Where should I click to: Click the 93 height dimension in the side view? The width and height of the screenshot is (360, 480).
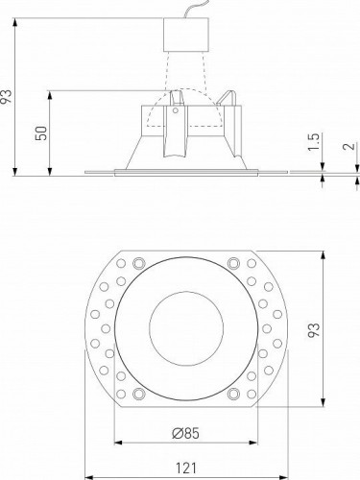pos(9,96)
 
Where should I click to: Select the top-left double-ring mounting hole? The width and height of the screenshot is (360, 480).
pos(140,262)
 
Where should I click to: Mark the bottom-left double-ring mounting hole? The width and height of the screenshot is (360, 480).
pos(140,395)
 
